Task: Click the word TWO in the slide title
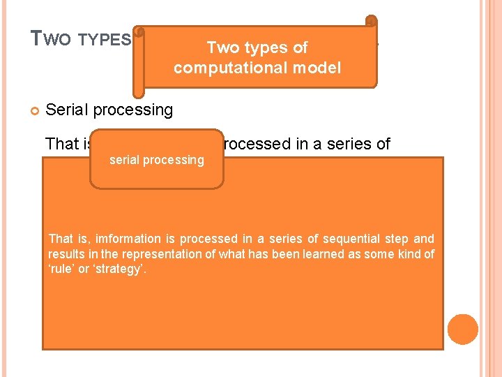(50, 39)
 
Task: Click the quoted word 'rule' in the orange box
(61, 269)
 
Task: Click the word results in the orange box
(66, 254)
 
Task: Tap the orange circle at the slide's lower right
(463, 330)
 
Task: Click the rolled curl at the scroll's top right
(372, 23)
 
